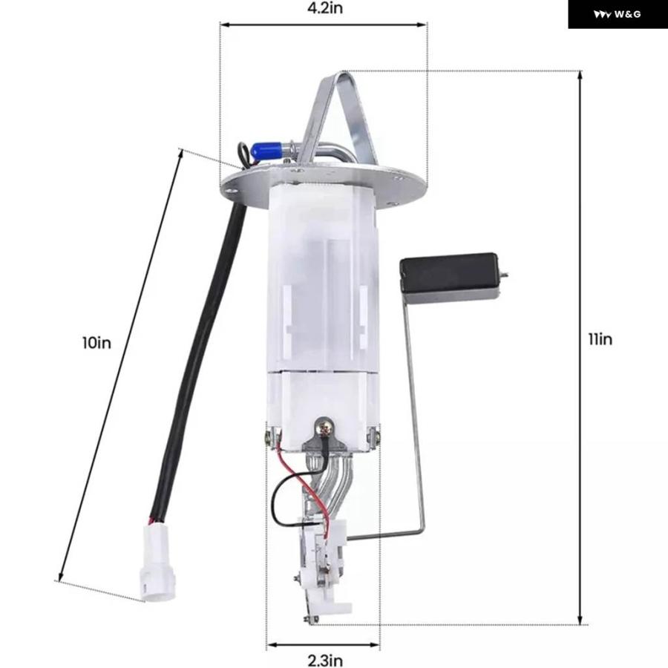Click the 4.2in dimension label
pos(325,8)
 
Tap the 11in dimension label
pos(600,339)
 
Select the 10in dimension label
pos(96,342)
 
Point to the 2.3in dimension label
pos(325,661)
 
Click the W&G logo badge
pos(618,14)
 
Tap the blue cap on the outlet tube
pos(265,150)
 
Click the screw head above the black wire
pos(324,427)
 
